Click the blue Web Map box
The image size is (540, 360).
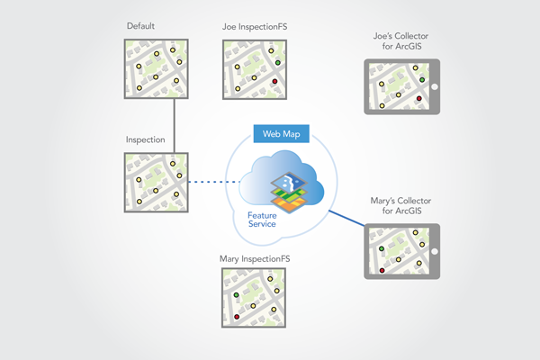(282, 134)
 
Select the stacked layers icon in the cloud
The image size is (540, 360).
(291, 192)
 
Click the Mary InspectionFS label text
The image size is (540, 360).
(255, 259)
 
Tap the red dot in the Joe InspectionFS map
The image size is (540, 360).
(273, 82)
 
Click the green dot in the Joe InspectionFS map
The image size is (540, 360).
(278, 63)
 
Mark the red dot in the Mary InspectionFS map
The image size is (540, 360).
(237, 317)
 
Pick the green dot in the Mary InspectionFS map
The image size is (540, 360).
(236, 294)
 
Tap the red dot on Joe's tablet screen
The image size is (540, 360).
(418, 98)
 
